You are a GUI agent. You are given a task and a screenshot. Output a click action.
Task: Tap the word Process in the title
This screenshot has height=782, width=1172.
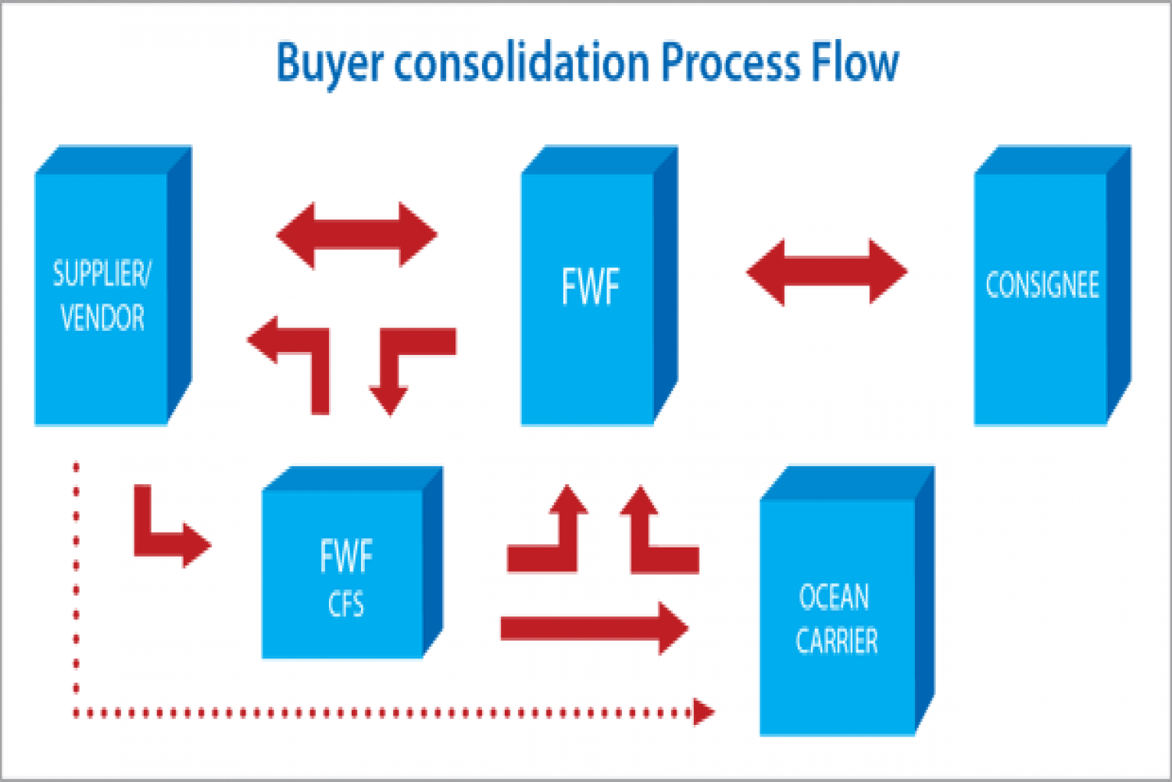click(x=731, y=62)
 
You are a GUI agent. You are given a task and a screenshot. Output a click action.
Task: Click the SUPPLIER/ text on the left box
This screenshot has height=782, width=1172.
click(x=102, y=274)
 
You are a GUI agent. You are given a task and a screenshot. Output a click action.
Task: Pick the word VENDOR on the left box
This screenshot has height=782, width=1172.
click(x=102, y=317)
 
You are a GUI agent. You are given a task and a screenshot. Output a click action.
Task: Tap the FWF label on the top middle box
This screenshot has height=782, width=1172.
click(x=590, y=286)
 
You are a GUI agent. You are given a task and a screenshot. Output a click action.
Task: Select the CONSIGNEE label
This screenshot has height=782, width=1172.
click(x=1042, y=285)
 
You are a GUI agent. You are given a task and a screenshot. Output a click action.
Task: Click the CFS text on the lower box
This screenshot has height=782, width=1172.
click(x=346, y=604)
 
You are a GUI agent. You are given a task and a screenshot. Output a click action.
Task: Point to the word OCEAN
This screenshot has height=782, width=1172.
click(x=834, y=597)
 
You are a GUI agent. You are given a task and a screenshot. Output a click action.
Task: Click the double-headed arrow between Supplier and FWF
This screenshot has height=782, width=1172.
click(x=357, y=235)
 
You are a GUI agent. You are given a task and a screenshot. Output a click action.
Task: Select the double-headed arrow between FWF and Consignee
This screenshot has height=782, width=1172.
click(x=827, y=272)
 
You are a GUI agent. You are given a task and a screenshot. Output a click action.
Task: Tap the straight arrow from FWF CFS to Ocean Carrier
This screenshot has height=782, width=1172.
click(x=595, y=628)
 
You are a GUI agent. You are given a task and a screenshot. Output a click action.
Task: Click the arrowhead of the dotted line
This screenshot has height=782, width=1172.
click(x=704, y=712)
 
